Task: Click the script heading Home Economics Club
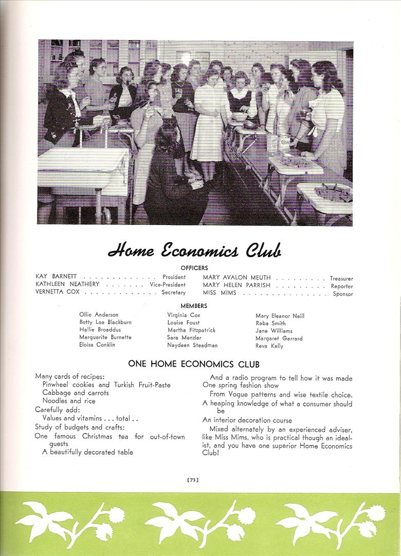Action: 194,251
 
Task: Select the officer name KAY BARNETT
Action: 56,277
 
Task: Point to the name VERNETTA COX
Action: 58,292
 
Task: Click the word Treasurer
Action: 341,279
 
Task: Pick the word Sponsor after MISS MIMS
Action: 342,294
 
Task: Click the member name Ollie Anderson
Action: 99,315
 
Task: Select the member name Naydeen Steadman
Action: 192,345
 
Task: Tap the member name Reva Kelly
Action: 269,346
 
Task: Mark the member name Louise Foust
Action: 184,322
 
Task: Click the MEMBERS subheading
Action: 194,306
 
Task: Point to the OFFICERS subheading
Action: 194,268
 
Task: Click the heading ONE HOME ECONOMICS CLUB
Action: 194,364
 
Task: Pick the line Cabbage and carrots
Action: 76,393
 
